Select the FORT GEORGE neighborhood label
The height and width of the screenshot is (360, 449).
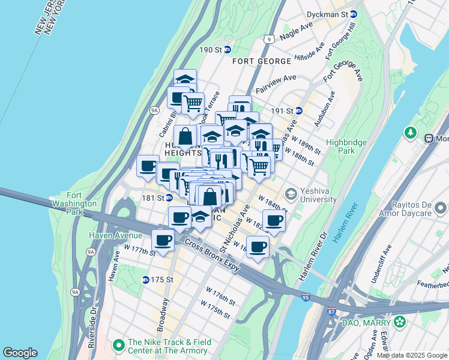(258, 61)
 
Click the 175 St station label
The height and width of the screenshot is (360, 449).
(158, 280)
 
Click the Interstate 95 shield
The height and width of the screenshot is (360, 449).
(306, 298)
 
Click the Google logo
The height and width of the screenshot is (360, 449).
(20, 353)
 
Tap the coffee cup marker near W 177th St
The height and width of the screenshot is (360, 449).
(163, 241)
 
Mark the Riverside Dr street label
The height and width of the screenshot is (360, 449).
(93, 329)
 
